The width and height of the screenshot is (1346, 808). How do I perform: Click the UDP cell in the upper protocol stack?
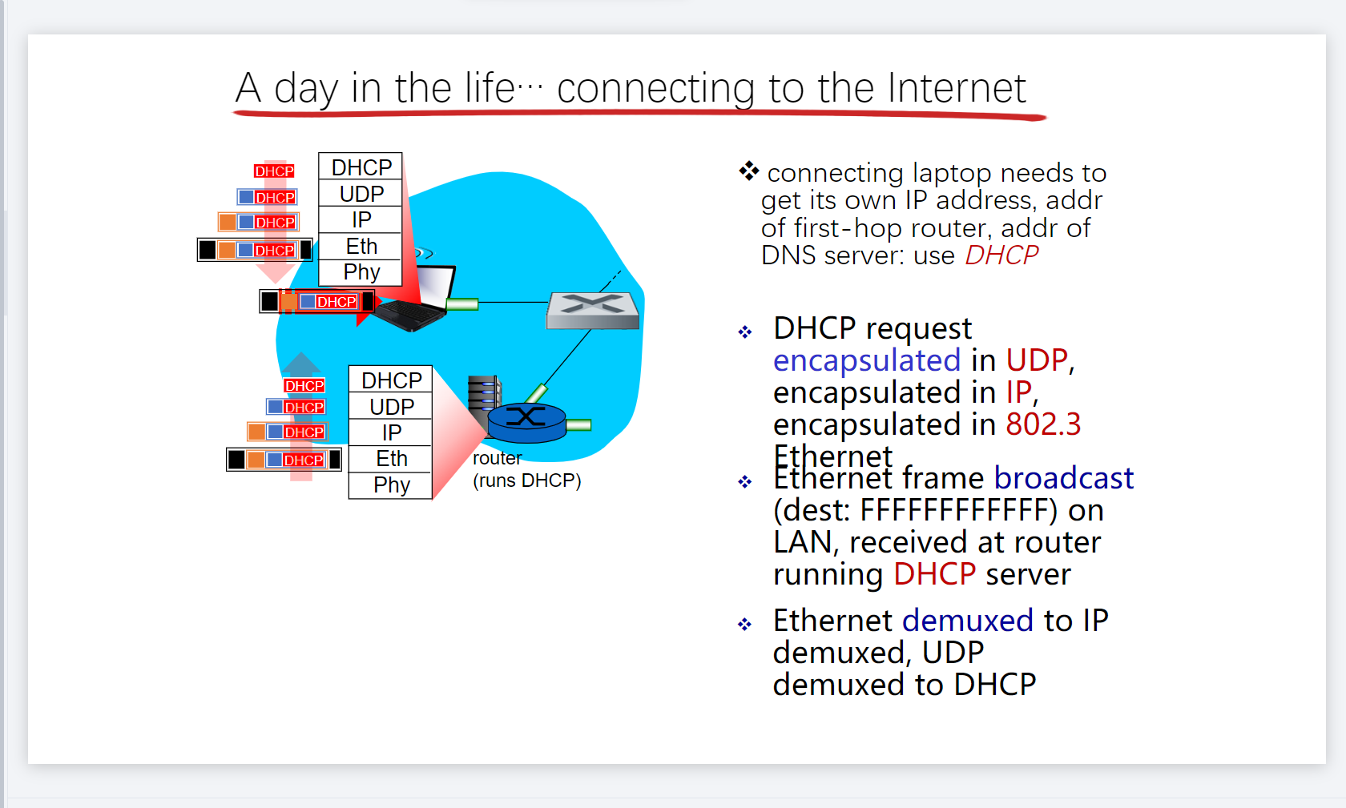tap(361, 194)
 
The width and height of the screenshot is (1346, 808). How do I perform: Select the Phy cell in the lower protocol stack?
tap(391, 484)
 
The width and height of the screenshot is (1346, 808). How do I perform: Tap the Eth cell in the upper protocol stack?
tap(361, 246)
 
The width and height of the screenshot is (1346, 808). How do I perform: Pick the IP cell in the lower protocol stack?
tap(391, 432)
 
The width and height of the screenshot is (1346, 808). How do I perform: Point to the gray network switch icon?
tap(593, 310)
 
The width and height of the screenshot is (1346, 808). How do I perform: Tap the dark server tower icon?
tap(483, 396)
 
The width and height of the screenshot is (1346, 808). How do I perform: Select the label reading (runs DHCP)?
tap(526, 480)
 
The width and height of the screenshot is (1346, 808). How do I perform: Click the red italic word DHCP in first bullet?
tap(1001, 255)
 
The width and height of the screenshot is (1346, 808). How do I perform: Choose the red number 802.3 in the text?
tap(1043, 424)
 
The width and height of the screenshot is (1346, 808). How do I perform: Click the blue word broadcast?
tap(1063, 478)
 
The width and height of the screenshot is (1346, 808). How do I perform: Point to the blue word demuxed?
tap(968, 621)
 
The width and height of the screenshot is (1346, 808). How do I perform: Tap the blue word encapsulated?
tap(866, 360)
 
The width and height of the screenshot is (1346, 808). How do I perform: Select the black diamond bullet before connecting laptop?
tap(748, 171)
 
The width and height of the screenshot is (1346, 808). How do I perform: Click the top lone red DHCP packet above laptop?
tap(274, 171)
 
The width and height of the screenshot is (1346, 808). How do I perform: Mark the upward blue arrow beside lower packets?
tap(300, 365)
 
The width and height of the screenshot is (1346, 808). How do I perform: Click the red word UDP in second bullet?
tap(1037, 360)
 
